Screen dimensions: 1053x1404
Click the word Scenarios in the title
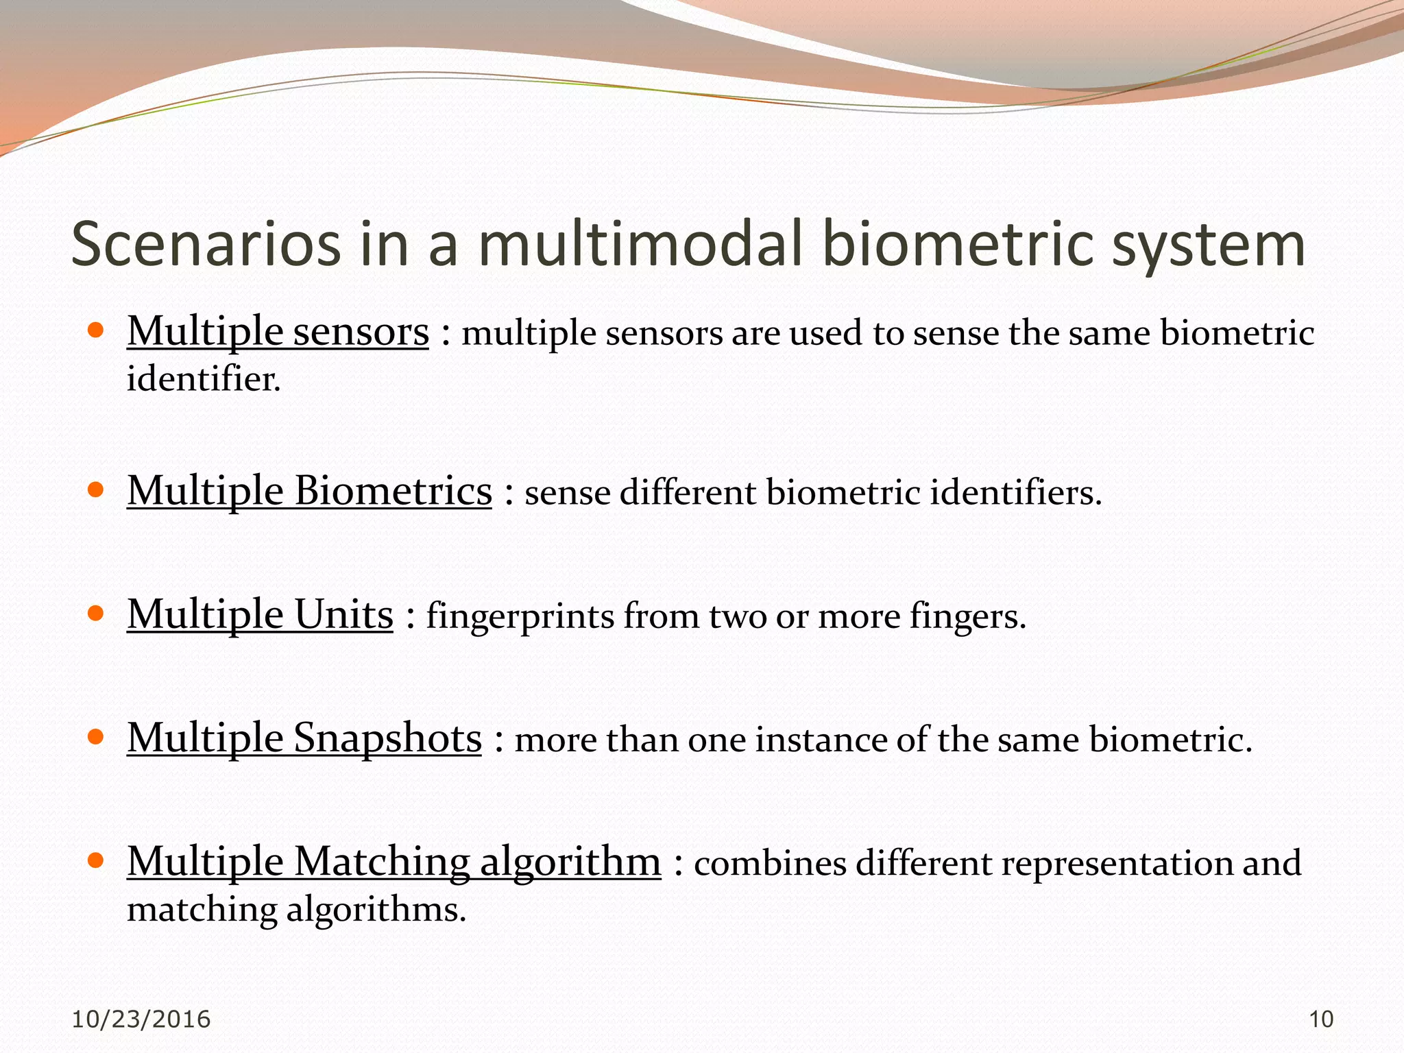click(206, 245)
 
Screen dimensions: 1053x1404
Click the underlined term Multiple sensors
click(278, 332)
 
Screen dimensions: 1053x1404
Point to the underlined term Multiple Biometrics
click(309, 492)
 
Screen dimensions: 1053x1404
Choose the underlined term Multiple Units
click(260, 614)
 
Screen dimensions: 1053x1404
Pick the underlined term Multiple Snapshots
click(304, 739)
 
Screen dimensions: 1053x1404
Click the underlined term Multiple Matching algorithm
click(394, 862)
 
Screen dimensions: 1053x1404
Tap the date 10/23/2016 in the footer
click(141, 1019)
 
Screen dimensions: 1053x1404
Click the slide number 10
click(1321, 1019)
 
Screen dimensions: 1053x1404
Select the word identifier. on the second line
click(204, 379)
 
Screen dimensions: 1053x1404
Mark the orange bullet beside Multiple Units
click(96, 612)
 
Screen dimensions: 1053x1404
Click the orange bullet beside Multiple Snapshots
click(96, 736)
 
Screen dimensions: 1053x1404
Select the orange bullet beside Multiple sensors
click(96, 330)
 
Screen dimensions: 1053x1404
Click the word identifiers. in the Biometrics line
click(1015, 494)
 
